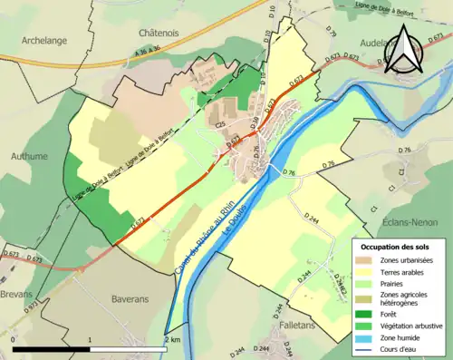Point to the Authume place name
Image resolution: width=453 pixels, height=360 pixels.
(x=29, y=156)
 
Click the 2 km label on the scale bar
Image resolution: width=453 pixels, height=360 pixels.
(x=173, y=339)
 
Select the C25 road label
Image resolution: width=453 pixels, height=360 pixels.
(x=218, y=124)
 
